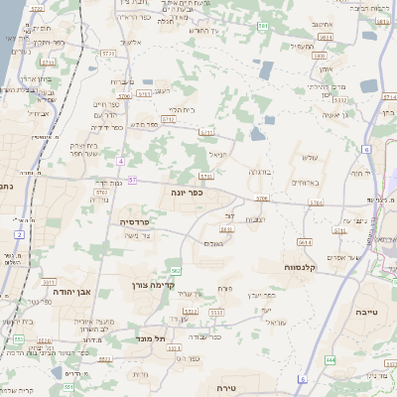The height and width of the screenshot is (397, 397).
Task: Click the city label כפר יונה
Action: (186, 192)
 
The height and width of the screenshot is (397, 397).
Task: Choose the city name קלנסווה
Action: (299, 266)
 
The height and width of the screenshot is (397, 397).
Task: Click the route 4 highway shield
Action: (120, 161)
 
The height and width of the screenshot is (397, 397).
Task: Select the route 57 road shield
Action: (132, 181)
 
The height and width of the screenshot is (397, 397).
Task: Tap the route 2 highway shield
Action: (19, 234)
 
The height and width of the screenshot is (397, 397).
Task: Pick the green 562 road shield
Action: (175, 270)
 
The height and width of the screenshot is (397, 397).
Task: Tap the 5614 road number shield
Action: (304, 241)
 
